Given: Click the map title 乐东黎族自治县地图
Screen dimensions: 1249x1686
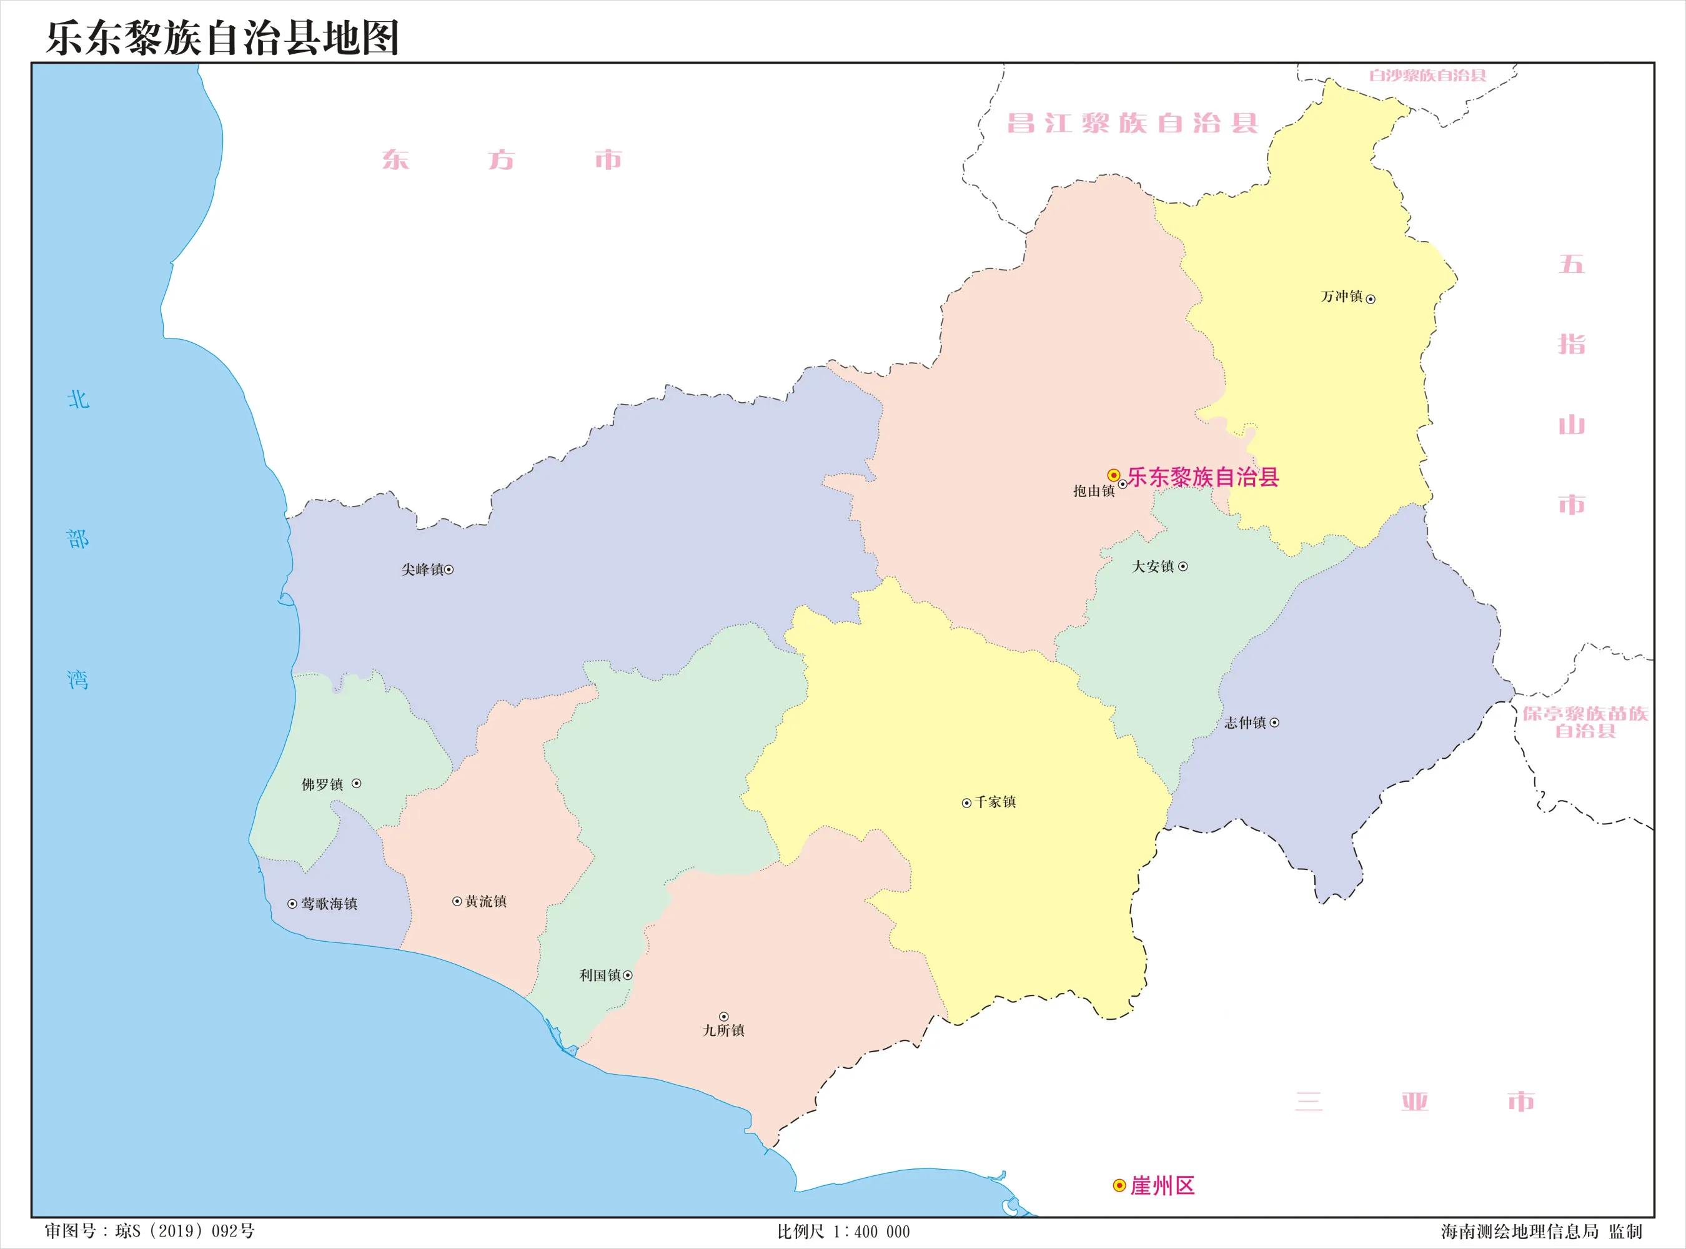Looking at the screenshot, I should [222, 38].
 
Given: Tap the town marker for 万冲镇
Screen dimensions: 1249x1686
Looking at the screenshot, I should [1371, 299].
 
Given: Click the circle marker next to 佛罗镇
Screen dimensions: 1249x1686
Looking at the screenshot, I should [356, 783].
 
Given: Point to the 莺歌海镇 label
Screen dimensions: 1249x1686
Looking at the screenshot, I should [329, 904].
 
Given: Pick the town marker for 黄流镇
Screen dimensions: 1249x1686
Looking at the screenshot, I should [457, 901].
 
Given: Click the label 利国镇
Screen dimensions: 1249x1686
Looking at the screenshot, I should [600, 975].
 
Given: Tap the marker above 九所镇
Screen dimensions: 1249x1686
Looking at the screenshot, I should [723, 1017].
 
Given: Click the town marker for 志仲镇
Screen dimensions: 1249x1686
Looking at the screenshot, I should [1274, 723].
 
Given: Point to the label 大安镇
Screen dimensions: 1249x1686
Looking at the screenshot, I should [1153, 566].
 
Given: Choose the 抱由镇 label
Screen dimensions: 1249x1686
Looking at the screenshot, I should [1093, 491].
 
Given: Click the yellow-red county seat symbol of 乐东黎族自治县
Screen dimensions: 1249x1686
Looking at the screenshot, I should [1113, 475].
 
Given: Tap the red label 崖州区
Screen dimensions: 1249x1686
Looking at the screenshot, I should [1162, 1185].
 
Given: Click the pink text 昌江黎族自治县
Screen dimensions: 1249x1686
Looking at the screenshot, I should [1132, 123].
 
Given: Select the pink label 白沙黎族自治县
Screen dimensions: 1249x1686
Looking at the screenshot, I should [1427, 76].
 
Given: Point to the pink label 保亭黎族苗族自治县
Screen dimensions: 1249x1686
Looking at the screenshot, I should [1585, 721].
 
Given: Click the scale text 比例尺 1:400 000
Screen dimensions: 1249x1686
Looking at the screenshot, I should [843, 1232].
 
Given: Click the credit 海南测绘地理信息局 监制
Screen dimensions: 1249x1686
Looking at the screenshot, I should [1541, 1232].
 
